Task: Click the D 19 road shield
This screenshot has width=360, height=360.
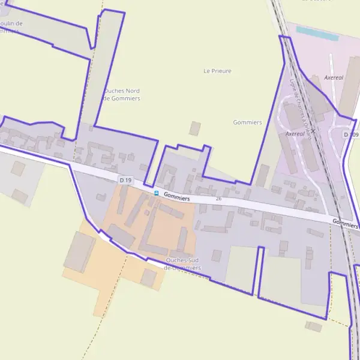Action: click(x=125, y=180)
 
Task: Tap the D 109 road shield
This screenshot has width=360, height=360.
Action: click(x=352, y=134)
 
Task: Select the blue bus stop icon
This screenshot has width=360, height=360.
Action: click(x=157, y=193)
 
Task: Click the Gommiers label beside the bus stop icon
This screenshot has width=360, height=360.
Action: click(x=176, y=196)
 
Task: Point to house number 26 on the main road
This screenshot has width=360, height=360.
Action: click(x=218, y=199)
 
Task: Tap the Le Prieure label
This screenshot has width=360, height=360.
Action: click(x=217, y=71)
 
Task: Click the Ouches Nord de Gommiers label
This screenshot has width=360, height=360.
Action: click(x=122, y=94)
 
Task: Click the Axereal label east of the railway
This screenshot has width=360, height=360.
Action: click(x=334, y=78)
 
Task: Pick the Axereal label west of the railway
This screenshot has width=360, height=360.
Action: click(x=296, y=133)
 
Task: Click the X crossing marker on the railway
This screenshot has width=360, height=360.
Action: click(x=313, y=130)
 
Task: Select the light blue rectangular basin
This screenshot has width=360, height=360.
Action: click(x=317, y=34)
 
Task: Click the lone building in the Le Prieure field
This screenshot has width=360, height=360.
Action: click(x=194, y=128)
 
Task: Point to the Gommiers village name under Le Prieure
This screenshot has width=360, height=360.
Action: click(x=247, y=122)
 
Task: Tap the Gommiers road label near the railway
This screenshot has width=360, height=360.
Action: click(x=345, y=224)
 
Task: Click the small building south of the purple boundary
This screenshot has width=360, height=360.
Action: click(x=313, y=326)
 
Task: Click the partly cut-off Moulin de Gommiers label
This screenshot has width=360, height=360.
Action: click(x=12, y=27)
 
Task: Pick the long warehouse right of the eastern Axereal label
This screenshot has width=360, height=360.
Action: click(x=350, y=90)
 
